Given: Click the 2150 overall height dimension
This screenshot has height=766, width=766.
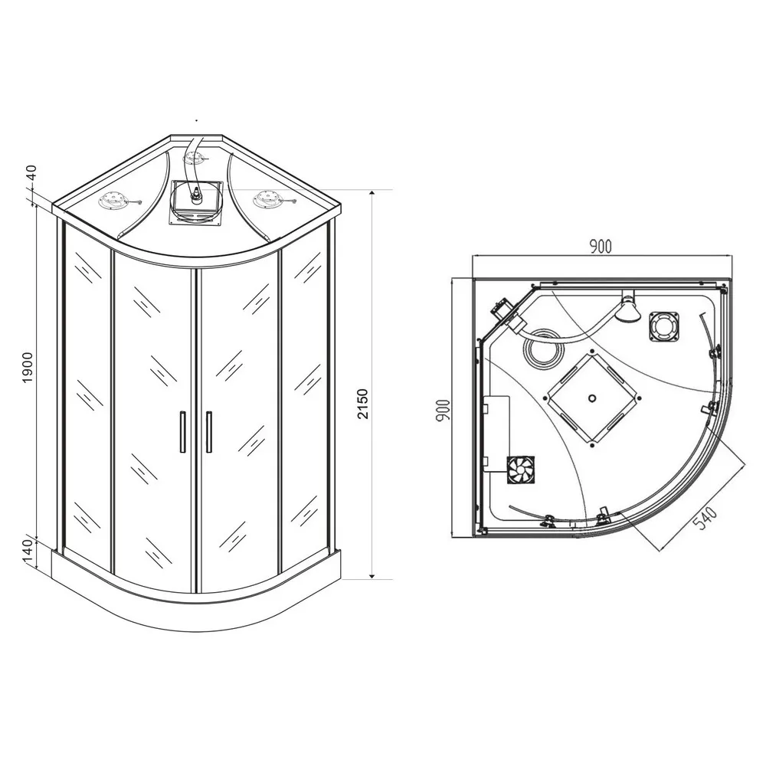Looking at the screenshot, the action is (x=362, y=404).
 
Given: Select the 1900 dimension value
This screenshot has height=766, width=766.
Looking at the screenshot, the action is (x=28, y=368).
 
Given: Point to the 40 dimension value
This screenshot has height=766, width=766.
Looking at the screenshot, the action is (x=31, y=173).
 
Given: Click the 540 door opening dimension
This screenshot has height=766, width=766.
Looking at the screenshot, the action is (x=705, y=519).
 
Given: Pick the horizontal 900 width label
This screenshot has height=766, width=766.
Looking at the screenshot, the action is (x=601, y=247).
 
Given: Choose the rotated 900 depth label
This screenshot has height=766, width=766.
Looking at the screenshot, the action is (x=443, y=411).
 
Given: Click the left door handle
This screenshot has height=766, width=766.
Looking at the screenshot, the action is (x=183, y=432).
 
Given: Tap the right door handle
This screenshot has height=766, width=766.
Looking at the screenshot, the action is (x=209, y=432).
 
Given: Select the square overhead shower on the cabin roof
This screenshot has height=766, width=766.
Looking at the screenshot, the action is (x=196, y=203).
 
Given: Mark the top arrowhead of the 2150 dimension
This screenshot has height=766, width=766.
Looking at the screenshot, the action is (x=372, y=194).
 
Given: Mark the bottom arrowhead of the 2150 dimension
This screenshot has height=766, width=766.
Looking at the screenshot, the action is (x=372, y=575).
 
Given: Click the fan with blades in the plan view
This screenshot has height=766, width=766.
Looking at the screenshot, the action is (x=520, y=470).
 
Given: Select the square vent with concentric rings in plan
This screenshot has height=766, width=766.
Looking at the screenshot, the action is (x=664, y=326).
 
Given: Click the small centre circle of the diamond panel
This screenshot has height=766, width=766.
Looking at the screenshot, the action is (x=593, y=398).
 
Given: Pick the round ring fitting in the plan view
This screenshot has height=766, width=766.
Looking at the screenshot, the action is (x=544, y=349).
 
